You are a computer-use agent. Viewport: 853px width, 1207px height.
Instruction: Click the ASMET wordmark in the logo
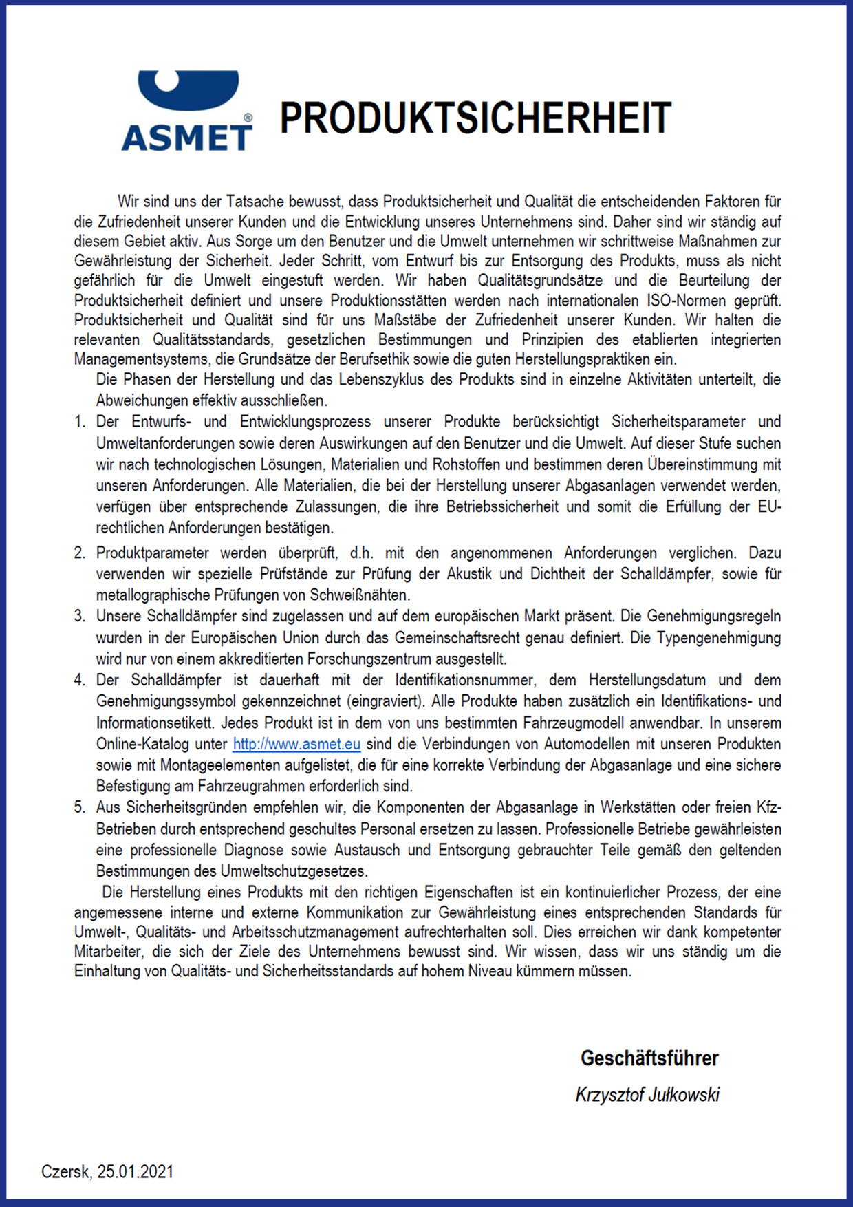186,137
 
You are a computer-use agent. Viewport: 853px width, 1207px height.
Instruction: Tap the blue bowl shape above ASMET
188,89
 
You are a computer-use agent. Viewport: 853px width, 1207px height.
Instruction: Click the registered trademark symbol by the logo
248,118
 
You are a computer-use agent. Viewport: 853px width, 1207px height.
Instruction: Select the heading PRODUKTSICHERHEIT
475,118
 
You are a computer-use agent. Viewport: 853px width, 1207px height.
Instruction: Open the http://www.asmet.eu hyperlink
296,744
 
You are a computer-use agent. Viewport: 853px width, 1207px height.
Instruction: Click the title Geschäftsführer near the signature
649,1058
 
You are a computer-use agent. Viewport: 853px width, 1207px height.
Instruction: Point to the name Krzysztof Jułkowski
647,1095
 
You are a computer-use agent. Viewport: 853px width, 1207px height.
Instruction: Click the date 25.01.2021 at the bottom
136,1172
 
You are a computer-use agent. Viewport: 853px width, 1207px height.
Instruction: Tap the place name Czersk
66,1172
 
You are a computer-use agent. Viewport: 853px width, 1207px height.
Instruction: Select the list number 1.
80,422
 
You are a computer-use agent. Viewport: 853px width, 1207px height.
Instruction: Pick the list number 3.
80,617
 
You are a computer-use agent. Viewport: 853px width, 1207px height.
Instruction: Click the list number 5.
80,807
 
